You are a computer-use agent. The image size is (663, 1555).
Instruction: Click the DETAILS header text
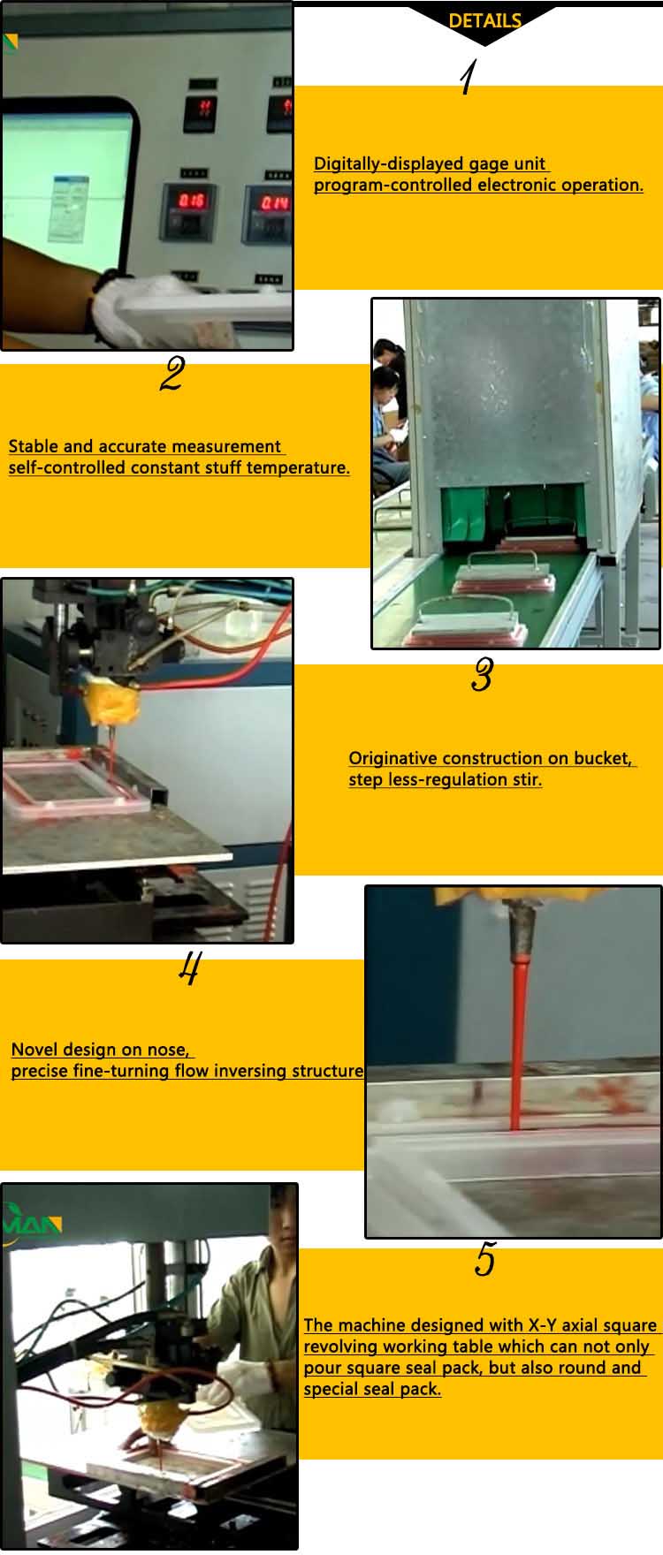pyautogui.click(x=484, y=21)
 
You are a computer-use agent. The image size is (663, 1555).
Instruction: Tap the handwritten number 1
pyautogui.click(x=468, y=78)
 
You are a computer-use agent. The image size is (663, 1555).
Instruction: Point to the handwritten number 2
pyautogui.click(x=171, y=375)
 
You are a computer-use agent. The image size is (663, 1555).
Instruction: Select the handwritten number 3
pyautogui.click(x=482, y=675)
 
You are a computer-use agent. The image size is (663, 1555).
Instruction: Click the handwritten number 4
pyautogui.click(x=189, y=967)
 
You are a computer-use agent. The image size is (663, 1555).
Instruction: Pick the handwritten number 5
pyautogui.click(x=484, y=1259)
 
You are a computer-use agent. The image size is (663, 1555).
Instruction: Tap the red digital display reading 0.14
pyautogui.click(x=274, y=203)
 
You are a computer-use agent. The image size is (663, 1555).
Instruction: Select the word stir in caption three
pyautogui.click(x=527, y=779)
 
